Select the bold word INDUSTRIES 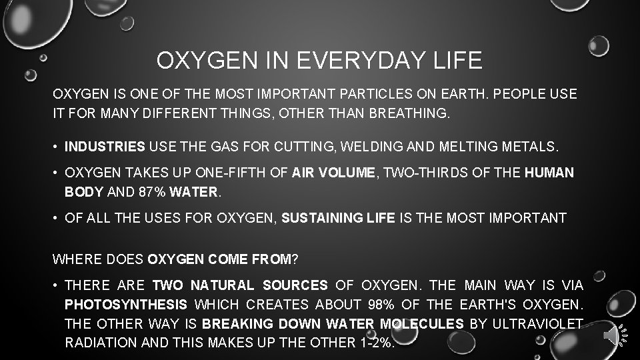[105, 145]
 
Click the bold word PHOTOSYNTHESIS [126, 305]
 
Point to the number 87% [151, 192]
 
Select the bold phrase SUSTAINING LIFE [337, 217]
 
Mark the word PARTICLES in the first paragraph [387, 94]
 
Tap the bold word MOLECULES [421, 324]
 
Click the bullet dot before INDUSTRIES [56, 145]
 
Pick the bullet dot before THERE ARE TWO [56, 285]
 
